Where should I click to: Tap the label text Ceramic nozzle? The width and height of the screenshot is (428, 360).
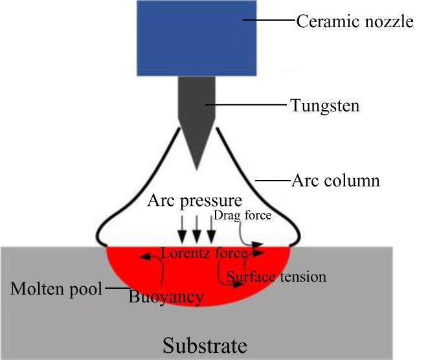pos(354,22)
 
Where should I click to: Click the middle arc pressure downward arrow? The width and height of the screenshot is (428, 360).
pos(197,229)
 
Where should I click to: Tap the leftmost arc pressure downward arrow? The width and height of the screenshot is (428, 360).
pos(183,229)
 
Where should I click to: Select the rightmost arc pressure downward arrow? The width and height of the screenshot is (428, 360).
pos(211,229)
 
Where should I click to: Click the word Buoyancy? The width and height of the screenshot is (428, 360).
pos(167,297)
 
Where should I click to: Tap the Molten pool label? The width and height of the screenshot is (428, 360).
pos(56,288)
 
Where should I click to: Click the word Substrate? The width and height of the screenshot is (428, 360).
pos(204,344)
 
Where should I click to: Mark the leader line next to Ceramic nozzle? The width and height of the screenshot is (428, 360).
pos(269,22)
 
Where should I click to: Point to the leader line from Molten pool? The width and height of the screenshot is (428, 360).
pos(115,288)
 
